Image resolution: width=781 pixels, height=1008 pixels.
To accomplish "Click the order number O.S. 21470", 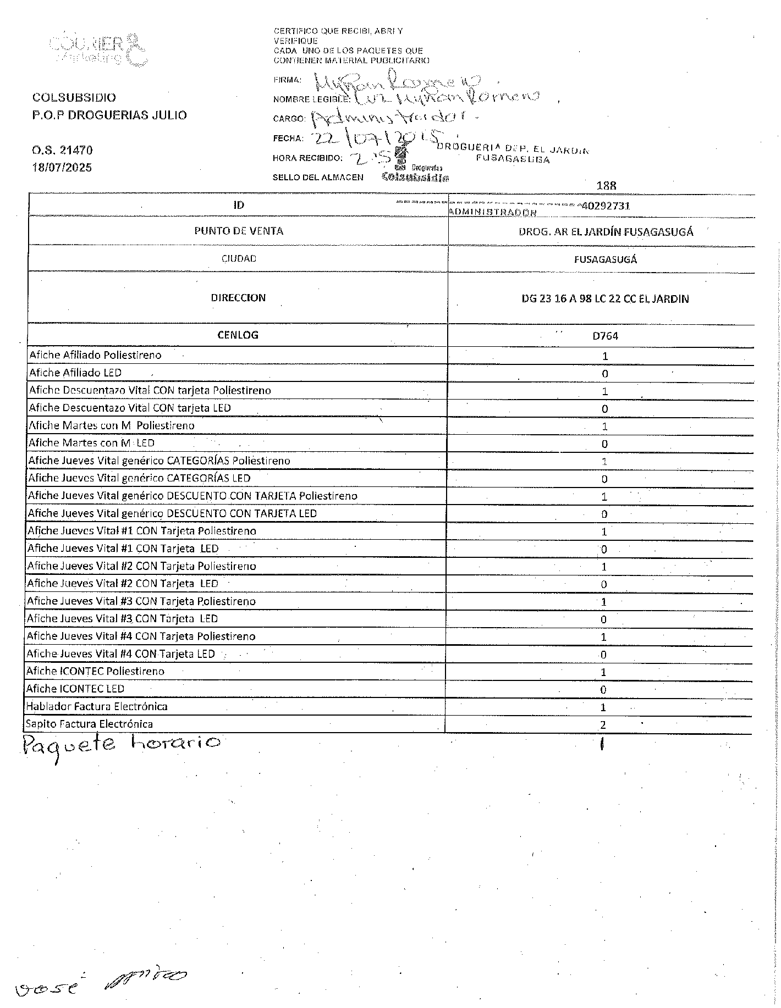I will [x=62, y=150].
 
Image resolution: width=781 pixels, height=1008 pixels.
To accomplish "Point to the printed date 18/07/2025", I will [x=62, y=168].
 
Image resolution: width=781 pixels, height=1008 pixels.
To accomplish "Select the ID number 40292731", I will [x=605, y=206].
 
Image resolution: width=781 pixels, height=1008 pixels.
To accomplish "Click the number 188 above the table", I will [x=606, y=185].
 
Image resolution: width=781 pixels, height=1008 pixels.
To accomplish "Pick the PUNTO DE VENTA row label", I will [x=239, y=231].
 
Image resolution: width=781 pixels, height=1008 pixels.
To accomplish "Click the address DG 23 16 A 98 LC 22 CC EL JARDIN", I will [x=605, y=299].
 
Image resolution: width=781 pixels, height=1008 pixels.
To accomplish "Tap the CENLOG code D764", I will [x=605, y=336].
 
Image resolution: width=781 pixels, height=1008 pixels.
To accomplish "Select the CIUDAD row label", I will [x=239, y=258].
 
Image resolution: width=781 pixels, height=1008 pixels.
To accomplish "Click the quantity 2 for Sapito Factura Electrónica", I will [x=603, y=725].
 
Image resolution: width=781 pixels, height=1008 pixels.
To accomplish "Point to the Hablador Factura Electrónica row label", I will [x=97, y=706].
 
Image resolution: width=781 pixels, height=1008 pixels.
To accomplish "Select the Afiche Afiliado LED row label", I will [x=75, y=373].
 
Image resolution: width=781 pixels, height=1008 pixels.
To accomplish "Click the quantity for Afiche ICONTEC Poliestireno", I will [x=603, y=672].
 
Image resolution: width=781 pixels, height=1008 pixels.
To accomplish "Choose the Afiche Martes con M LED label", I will [x=91, y=443].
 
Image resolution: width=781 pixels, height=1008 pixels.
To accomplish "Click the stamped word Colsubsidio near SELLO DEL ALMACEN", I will [x=415, y=178].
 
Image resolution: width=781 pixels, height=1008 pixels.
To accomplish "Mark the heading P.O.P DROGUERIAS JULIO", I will [x=109, y=115].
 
